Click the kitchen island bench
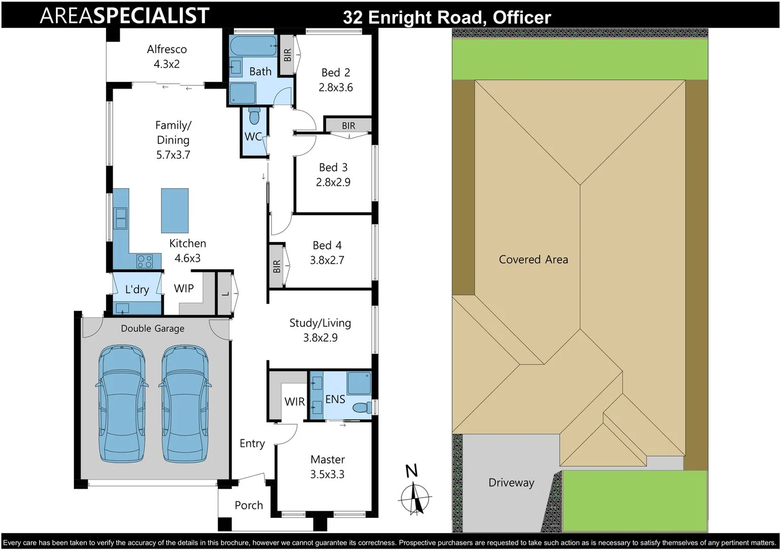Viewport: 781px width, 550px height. [x=175, y=210]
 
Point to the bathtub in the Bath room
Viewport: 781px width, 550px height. [x=253, y=46]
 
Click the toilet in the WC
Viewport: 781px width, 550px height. [x=254, y=116]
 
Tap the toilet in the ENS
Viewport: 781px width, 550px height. [x=362, y=408]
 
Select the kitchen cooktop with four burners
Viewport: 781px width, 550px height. [x=145, y=261]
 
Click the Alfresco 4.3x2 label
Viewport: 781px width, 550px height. [x=167, y=57]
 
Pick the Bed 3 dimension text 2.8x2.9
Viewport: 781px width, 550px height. [x=333, y=182]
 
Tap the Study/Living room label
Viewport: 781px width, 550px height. [x=320, y=323]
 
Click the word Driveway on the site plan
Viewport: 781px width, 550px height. [x=511, y=483]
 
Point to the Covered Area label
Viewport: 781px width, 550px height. [x=533, y=260]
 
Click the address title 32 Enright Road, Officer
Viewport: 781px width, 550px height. [x=447, y=17]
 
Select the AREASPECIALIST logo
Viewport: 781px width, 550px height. [x=125, y=16]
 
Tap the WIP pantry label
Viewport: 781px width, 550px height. [x=183, y=289]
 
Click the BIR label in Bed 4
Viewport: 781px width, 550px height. [x=277, y=266]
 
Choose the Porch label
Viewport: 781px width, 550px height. [x=249, y=505]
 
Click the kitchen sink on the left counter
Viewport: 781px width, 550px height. [x=121, y=218]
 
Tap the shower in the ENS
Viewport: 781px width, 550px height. [x=359, y=383]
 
